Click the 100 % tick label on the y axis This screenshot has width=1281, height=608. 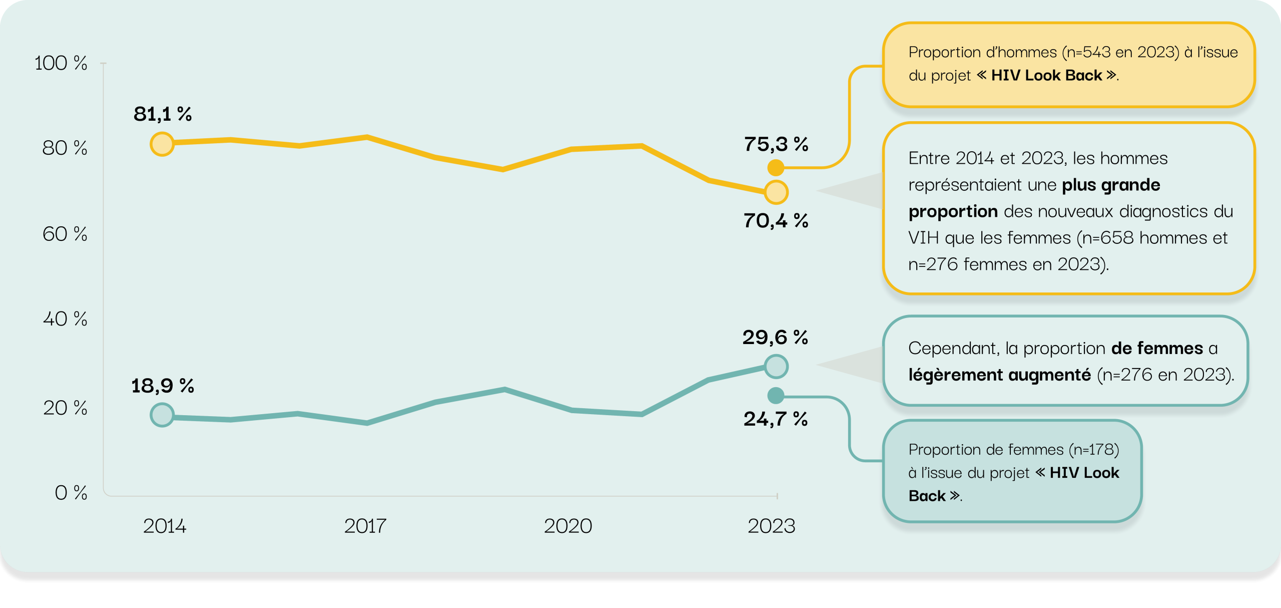click(x=61, y=64)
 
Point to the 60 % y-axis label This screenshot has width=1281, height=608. click(x=65, y=234)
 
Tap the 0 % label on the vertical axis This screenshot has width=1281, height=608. click(x=71, y=493)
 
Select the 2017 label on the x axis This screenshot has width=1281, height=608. click(x=365, y=526)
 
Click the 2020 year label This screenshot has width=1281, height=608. click(x=568, y=526)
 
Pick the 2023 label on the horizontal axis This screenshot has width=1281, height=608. click(x=771, y=526)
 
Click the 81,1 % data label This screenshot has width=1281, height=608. click(x=163, y=114)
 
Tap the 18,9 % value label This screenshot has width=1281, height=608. click(x=163, y=386)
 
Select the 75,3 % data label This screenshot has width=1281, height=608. click(x=776, y=144)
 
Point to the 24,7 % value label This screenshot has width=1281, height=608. click(x=776, y=419)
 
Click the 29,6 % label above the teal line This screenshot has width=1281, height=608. click(x=775, y=337)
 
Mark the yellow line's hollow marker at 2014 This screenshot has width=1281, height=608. click(x=162, y=144)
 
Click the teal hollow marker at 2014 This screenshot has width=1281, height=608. click(x=162, y=415)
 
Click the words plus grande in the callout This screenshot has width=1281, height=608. click(x=1111, y=185)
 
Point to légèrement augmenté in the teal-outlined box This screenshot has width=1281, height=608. click(x=999, y=375)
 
